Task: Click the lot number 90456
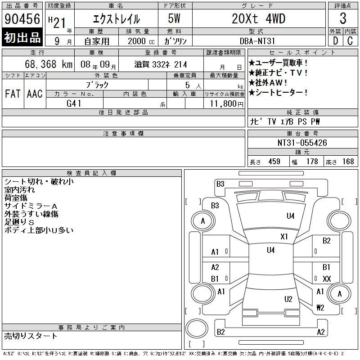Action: pyautogui.click(x=22, y=19)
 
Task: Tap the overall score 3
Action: pyautogui.click(x=343, y=18)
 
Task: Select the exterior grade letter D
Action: pyautogui.click(x=335, y=40)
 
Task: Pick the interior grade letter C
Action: pyautogui.click(x=350, y=40)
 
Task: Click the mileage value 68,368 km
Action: pyautogui.click(x=49, y=64)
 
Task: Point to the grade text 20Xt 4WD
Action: pyautogui.click(x=258, y=18)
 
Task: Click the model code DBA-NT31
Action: pyautogui.click(x=257, y=41)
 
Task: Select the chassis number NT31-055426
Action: pyautogui.click(x=302, y=143)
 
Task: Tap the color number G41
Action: pyautogui.click(x=74, y=103)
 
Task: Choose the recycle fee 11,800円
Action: pyautogui.click(x=227, y=104)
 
